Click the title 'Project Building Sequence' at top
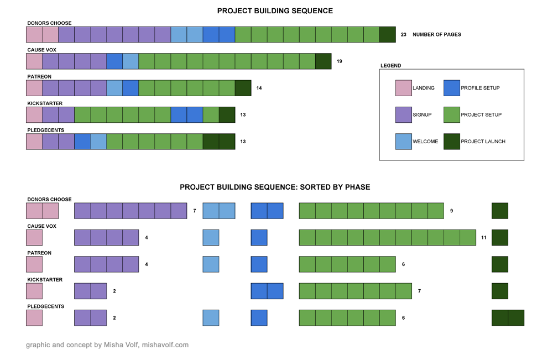tap(275, 11)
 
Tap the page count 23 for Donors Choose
tap(404, 34)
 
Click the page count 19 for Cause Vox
tap(339, 61)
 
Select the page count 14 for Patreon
tap(259, 88)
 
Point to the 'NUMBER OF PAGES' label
tap(436, 34)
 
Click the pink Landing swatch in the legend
tap(404, 88)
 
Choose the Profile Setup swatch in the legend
tap(452, 88)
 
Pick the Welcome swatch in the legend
tap(404, 141)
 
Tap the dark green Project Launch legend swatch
tap(452, 141)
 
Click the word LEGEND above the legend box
tap(391, 66)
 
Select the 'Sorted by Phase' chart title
tap(275, 187)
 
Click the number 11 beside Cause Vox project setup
tap(483, 238)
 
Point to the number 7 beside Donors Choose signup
tap(195, 211)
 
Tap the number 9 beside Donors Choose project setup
tap(451, 211)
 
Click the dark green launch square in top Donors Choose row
tap(388, 34)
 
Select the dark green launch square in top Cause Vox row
tap(323, 61)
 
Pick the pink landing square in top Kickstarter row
tap(34, 115)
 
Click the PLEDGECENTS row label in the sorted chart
tap(46, 306)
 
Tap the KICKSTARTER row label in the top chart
tap(45, 103)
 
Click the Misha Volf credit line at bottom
tap(107, 345)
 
